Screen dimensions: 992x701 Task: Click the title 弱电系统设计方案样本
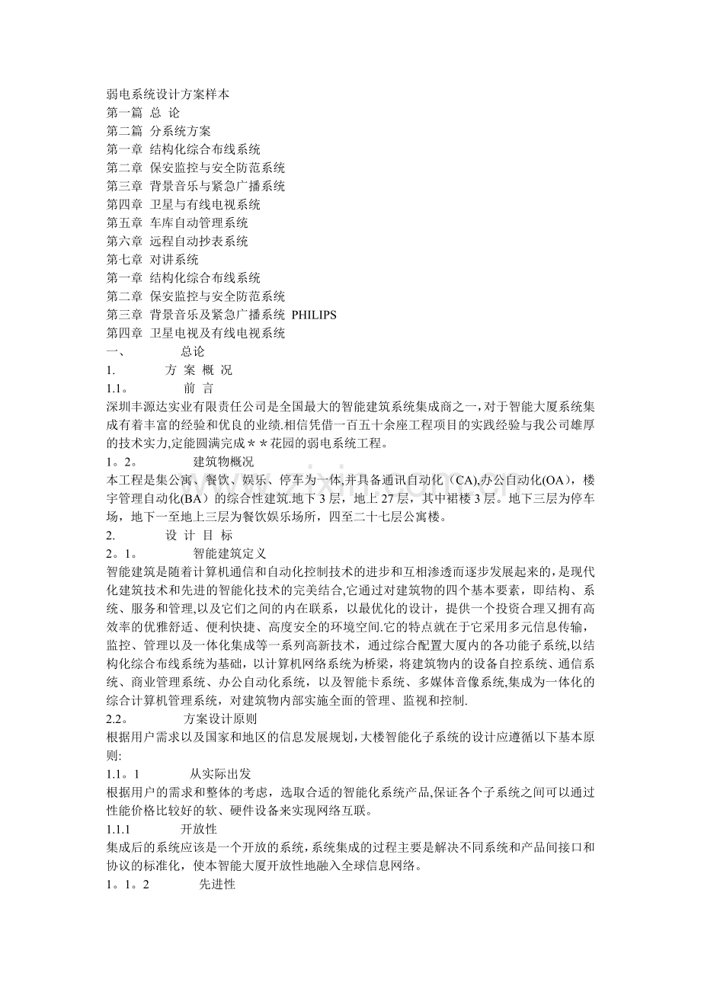pos(168,94)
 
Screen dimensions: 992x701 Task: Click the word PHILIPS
pos(314,315)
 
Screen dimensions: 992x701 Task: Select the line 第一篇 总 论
pos(143,113)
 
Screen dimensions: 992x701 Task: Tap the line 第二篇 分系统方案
pos(159,131)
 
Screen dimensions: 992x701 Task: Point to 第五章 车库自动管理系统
pos(178,222)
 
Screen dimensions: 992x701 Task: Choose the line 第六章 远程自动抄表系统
pos(178,241)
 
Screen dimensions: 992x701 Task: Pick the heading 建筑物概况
pos(224,462)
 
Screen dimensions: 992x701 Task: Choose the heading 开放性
pos(198,828)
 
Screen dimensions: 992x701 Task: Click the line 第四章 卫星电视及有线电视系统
pos(197,333)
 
